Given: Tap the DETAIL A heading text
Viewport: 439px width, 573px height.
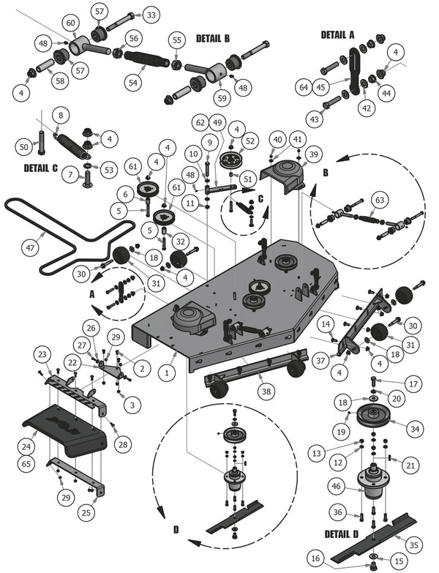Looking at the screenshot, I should (x=337, y=35).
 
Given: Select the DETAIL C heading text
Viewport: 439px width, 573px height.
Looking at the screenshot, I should (x=41, y=168).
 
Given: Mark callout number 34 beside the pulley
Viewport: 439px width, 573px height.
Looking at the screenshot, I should (x=414, y=428).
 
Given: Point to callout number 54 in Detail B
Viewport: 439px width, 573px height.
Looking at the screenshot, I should (x=133, y=83).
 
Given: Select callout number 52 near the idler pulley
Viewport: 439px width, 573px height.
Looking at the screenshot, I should (x=250, y=141).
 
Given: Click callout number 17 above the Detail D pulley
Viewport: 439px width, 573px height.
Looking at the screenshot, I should (x=413, y=383).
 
